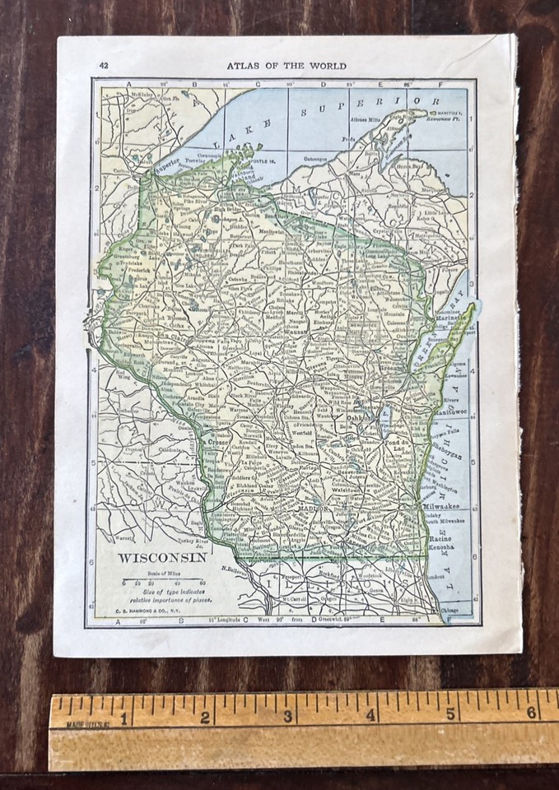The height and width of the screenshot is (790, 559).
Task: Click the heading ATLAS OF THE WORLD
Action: [x=286, y=66]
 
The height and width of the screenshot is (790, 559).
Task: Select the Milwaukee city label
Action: [x=445, y=508]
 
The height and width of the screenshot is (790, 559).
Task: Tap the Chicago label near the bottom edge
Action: [x=451, y=610]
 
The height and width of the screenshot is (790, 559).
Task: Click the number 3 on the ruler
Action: [x=288, y=717]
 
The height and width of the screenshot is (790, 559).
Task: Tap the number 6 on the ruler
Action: [x=531, y=713]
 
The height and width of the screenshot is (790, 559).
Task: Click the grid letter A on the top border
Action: [x=129, y=84]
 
